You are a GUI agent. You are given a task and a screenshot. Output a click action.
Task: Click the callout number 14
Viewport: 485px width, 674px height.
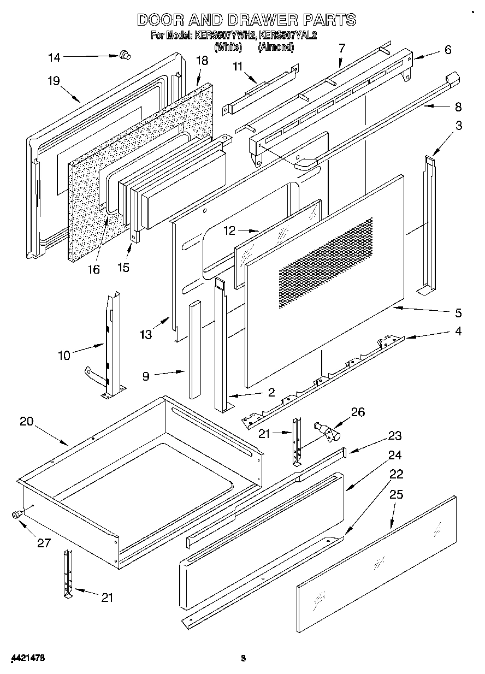(55, 57)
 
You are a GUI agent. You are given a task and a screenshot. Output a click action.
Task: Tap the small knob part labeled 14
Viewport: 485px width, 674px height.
(125, 54)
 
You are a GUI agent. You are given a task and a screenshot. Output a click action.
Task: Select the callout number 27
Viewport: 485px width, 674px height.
(43, 542)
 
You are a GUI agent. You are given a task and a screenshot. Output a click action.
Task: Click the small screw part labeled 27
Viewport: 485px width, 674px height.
(17, 513)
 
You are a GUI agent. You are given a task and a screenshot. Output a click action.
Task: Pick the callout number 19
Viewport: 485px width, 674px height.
(53, 81)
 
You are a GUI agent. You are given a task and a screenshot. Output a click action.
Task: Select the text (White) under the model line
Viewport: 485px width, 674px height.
(228, 48)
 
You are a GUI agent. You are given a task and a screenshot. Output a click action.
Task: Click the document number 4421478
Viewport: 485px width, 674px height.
(27, 655)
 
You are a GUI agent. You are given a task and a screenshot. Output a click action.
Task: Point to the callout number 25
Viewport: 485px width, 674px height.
(397, 494)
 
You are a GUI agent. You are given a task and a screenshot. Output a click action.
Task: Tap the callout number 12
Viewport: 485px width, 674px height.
(229, 230)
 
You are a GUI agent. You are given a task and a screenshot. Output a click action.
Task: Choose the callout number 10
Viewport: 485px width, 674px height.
(64, 356)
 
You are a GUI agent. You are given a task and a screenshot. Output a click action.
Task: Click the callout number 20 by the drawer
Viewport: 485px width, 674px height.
(27, 421)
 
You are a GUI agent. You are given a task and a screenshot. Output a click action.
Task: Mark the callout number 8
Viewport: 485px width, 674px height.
(458, 107)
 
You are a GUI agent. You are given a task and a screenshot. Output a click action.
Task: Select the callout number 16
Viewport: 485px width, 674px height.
(94, 269)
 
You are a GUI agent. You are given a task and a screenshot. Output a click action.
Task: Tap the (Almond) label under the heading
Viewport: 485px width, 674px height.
(276, 48)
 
